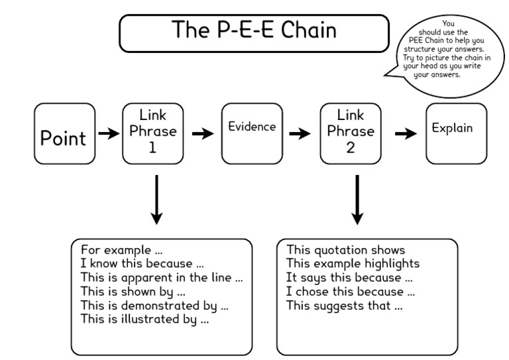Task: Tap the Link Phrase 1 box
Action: click(152, 133)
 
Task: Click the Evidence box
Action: click(251, 133)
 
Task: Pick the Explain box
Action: click(451, 133)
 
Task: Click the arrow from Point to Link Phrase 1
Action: click(109, 134)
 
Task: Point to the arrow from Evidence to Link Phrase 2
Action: click(300, 134)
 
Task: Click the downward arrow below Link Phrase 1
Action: click(155, 199)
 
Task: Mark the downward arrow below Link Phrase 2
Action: click(357, 199)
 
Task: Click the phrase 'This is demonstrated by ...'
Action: click(154, 306)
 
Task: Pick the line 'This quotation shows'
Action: click(345, 250)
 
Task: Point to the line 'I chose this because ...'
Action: click(349, 292)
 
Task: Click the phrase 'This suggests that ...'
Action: click(344, 306)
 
